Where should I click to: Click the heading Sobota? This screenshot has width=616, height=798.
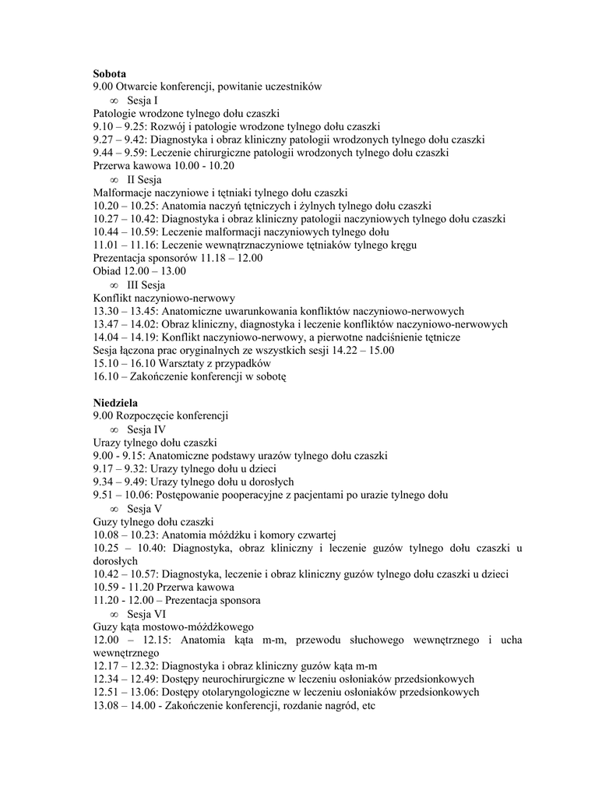coord(109,73)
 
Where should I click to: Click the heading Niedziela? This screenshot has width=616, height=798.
coord(115,403)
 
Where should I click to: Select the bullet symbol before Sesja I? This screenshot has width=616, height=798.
coord(114,101)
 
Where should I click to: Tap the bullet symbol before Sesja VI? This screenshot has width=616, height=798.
coord(114,613)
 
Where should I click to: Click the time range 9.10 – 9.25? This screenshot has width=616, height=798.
coord(121,126)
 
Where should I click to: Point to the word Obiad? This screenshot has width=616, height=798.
coord(107,270)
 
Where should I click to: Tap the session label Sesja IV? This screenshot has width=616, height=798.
coord(146,429)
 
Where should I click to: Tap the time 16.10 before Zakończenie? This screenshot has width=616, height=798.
coord(107,376)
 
